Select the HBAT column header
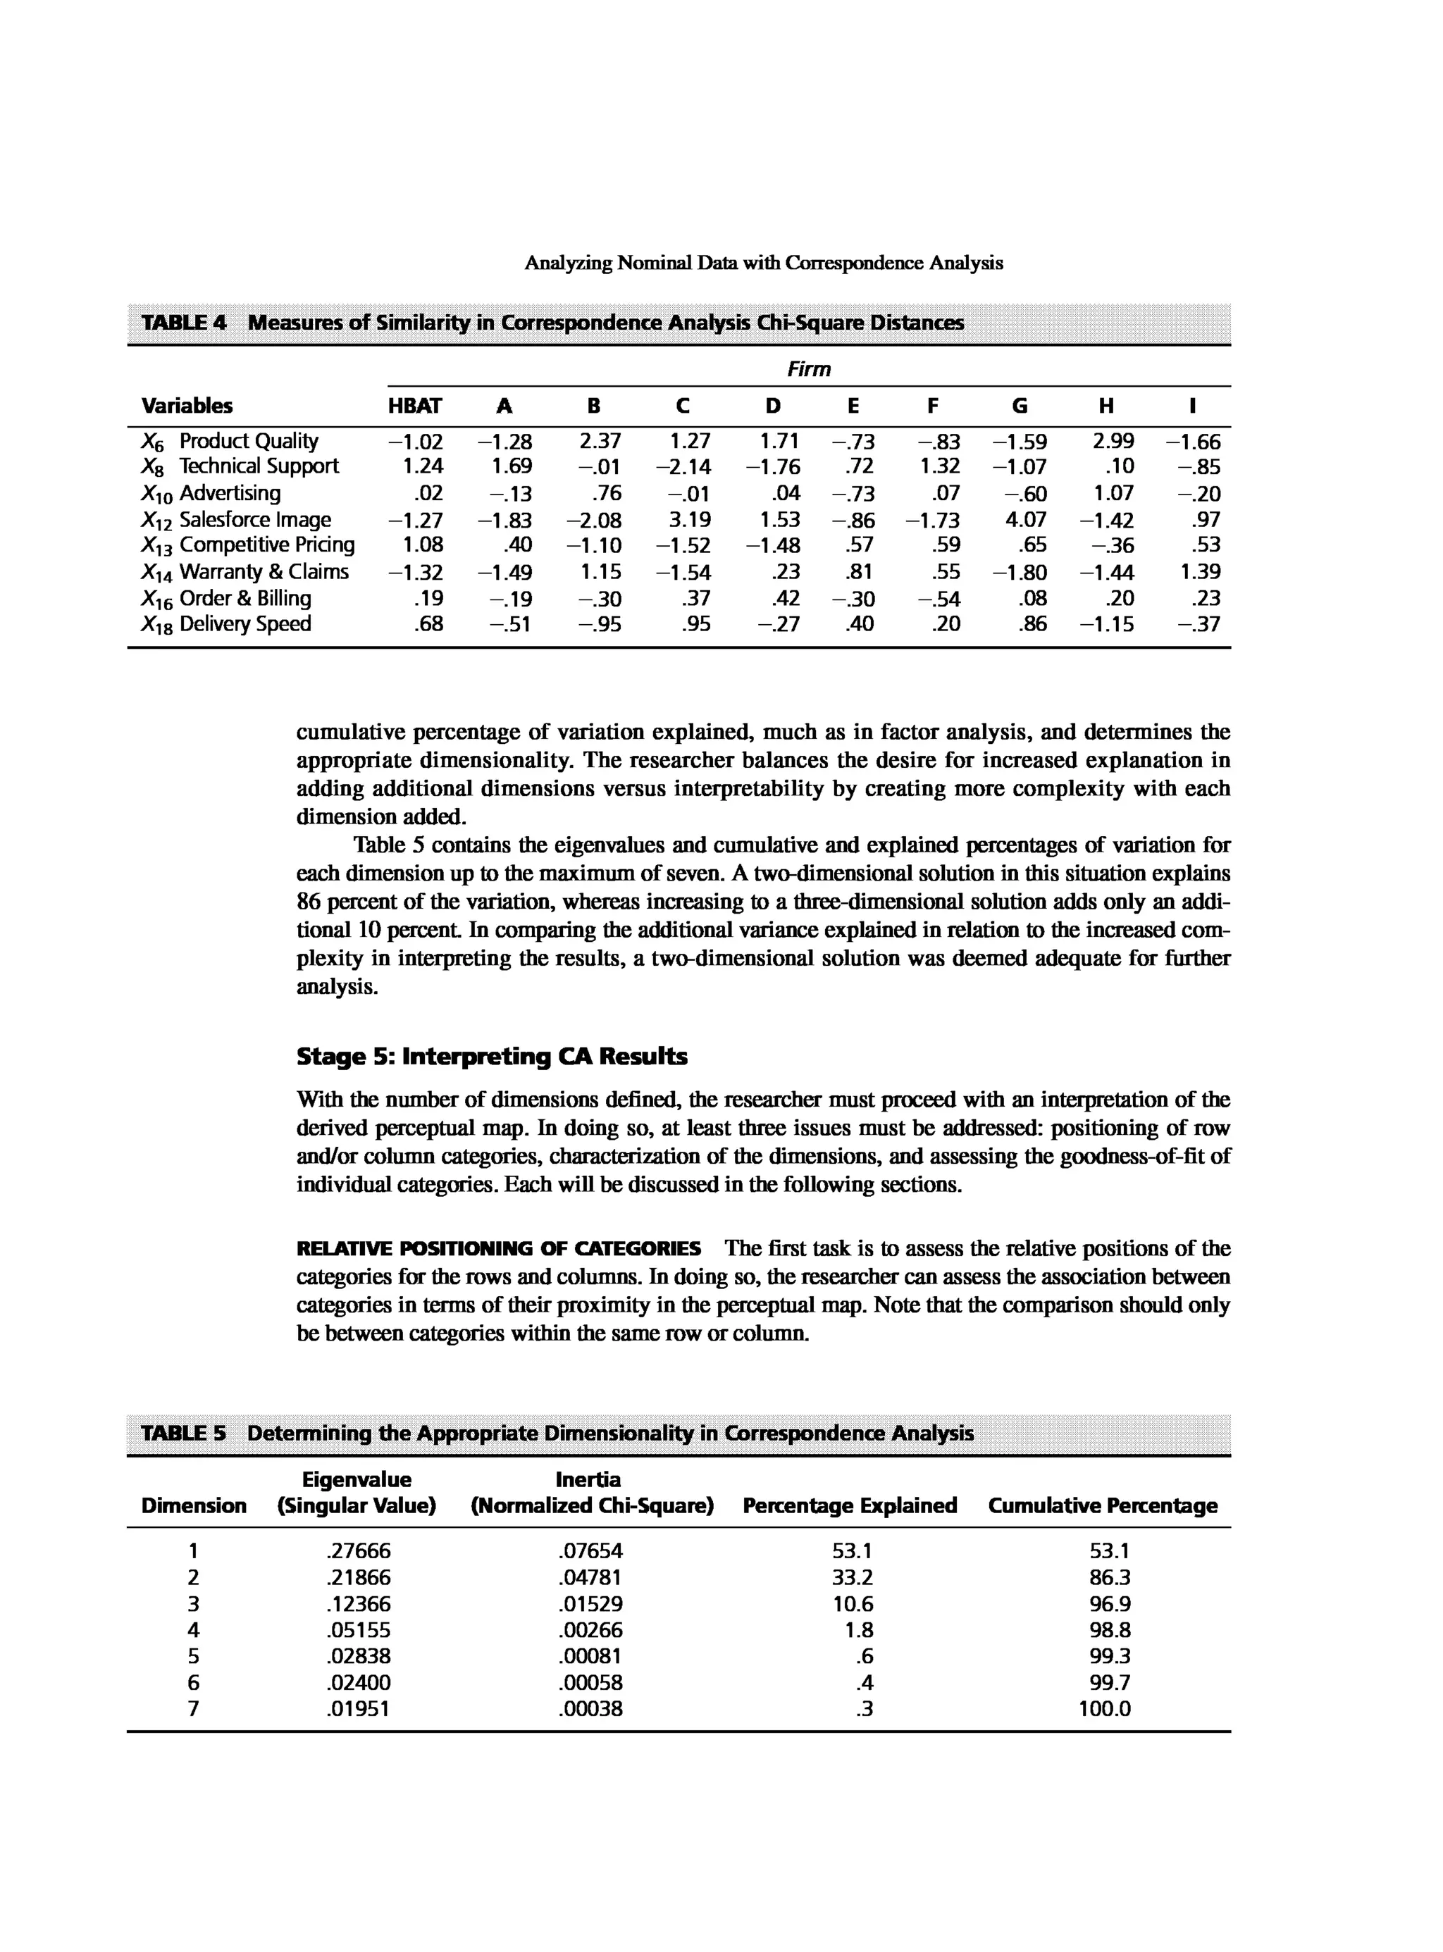coord(415,406)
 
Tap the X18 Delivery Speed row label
coord(226,623)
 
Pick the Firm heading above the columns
coord(809,369)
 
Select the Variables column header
coord(187,406)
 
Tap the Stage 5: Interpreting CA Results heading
coord(492,1057)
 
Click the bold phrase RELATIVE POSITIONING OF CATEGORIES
coord(498,1248)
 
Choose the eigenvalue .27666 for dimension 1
coord(358,1551)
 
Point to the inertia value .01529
coord(590,1603)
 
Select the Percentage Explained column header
coord(849,1505)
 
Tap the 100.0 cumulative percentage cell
coord(1104,1708)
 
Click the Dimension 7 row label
coord(193,1708)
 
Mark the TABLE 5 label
coord(183,1434)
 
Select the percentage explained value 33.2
coord(852,1577)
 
